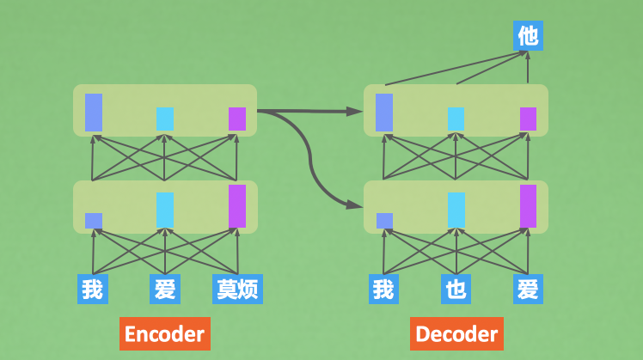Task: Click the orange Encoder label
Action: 164,333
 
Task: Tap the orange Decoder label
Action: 456,333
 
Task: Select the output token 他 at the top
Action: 528,35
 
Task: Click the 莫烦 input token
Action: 236,289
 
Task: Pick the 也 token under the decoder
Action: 456,289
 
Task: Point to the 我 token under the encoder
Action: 93,289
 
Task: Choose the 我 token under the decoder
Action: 383,289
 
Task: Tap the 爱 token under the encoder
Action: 163,289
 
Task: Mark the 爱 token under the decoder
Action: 528,289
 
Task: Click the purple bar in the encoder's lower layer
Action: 236,206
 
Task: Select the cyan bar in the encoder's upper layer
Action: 164,119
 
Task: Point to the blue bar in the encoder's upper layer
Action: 94,112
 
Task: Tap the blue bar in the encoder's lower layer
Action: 94,221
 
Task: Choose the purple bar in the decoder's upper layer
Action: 528,119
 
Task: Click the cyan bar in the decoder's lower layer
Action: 456,211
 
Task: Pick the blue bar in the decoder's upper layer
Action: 384,112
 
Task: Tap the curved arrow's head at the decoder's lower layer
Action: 355,205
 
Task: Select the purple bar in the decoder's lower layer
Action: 528,206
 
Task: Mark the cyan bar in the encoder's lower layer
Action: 164,211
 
